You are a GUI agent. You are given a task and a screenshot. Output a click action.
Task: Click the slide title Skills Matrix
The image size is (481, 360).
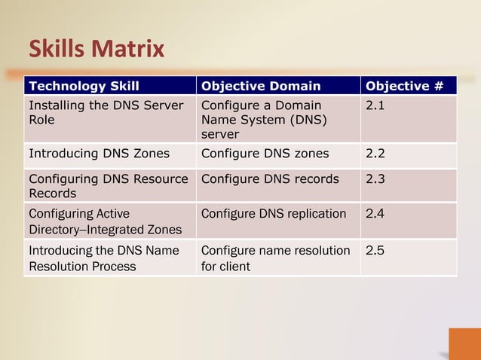click(96, 50)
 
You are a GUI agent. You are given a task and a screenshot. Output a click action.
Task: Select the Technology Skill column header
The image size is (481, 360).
click(84, 86)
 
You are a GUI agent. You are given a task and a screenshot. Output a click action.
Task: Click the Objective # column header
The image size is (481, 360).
click(404, 86)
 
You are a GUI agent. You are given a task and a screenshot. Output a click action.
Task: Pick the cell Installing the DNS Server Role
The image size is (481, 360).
click(106, 113)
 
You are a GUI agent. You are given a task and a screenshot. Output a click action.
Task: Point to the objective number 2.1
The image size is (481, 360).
click(375, 106)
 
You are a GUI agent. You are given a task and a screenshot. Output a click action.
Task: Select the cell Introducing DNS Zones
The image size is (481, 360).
click(99, 154)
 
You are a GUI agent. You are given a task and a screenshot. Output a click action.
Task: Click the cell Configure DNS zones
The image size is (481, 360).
click(265, 154)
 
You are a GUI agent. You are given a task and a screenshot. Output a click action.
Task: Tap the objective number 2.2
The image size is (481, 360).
click(375, 154)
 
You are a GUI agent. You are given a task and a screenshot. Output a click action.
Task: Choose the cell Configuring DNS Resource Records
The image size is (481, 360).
click(108, 186)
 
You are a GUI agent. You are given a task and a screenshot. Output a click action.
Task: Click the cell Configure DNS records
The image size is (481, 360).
click(270, 179)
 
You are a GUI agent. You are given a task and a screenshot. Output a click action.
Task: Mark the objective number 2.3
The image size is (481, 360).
click(375, 179)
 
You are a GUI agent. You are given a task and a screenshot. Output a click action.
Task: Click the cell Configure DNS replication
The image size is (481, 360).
click(274, 213)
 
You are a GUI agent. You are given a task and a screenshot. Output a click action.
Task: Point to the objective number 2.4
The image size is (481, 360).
click(375, 213)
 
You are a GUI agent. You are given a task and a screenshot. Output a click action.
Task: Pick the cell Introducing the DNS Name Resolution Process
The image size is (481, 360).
click(103, 258)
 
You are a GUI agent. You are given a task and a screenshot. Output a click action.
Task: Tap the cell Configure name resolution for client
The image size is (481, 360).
click(275, 258)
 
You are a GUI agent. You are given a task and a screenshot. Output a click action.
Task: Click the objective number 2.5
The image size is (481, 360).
click(375, 250)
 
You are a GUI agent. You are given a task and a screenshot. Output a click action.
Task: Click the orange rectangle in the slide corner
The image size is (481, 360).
click(464, 343)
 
